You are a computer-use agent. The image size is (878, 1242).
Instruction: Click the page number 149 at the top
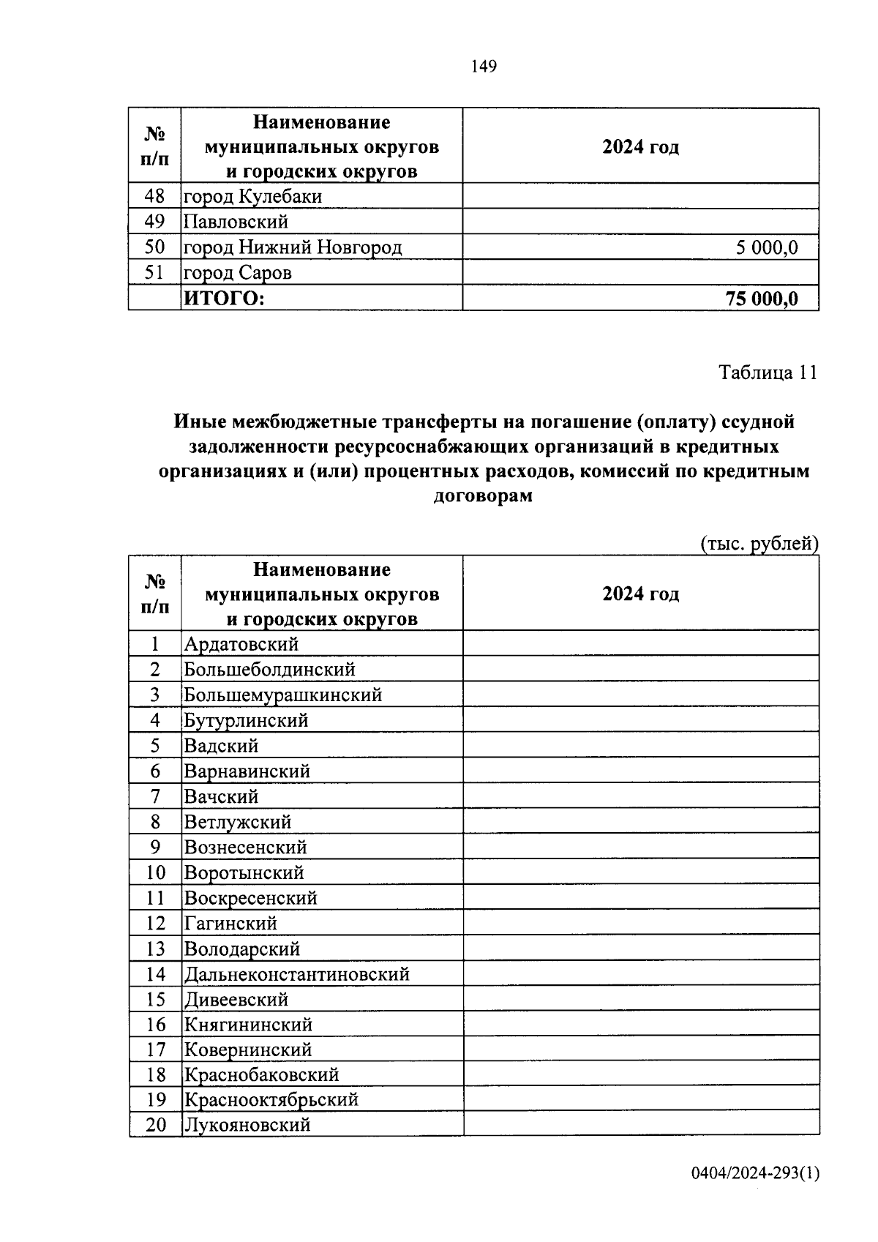[x=484, y=67]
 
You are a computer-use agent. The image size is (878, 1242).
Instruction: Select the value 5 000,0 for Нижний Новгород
[x=766, y=247]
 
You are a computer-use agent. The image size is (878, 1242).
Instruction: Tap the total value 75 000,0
[x=761, y=299]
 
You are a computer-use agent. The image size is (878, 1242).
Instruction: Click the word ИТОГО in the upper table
[x=223, y=299]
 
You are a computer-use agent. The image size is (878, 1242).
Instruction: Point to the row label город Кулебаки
[x=252, y=197]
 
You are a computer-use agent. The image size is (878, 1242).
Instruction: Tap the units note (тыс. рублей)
[x=759, y=544]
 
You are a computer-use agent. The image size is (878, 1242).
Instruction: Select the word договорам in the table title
[x=484, y=496]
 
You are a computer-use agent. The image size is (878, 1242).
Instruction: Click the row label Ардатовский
[x=241, y=644]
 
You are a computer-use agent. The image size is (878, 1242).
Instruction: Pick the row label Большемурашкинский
[x=283, y=695]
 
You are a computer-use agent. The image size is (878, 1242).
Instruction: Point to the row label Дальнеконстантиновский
[x=296, y=974]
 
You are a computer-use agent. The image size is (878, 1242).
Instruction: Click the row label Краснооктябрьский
[x=271, y=1099]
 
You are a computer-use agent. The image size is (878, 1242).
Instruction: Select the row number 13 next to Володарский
[x=155, y=949]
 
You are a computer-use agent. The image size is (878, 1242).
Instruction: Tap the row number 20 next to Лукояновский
[x=155, y=1125]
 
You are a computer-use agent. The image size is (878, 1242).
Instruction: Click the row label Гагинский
[x=230, y=924]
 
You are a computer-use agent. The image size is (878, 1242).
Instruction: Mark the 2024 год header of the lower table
[x=640, y=594]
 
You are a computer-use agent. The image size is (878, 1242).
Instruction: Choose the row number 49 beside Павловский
[x=155, y=222]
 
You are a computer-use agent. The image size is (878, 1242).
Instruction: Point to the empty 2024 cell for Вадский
[x=640, y=746]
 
